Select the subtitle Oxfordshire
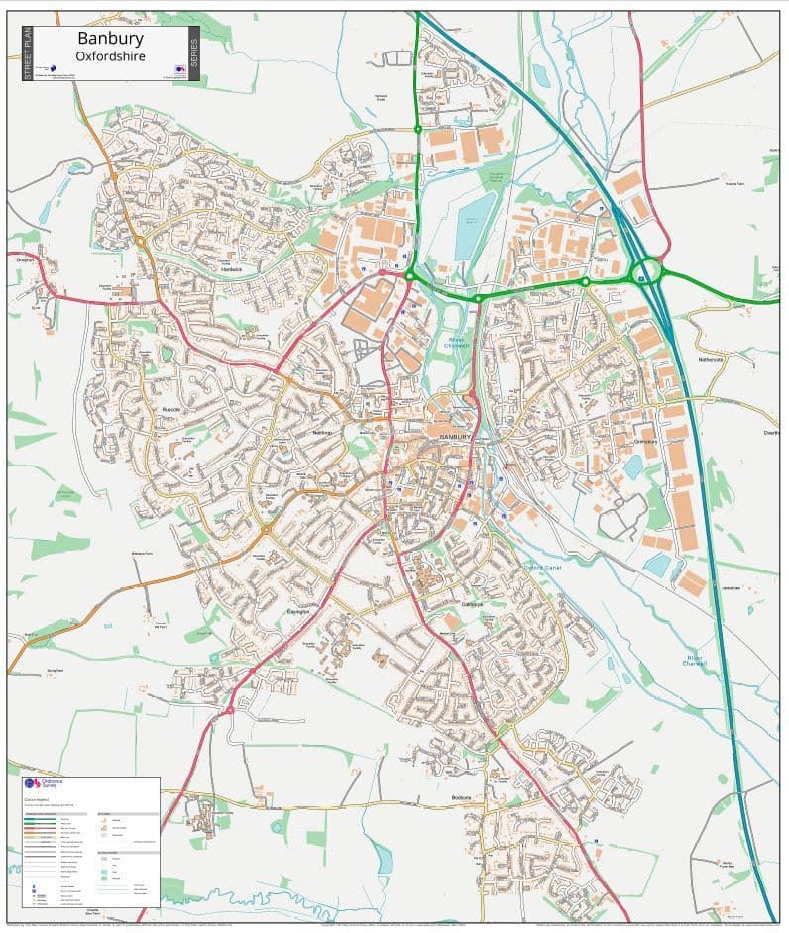click(110, 56)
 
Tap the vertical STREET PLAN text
click(28, 53)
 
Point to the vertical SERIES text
click(193, 53)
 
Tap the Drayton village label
click(25, 259)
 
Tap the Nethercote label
click(711, 359)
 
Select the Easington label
click(298, 612)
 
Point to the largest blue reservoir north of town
click(475, 226)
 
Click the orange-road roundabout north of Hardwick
click(141, 241)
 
